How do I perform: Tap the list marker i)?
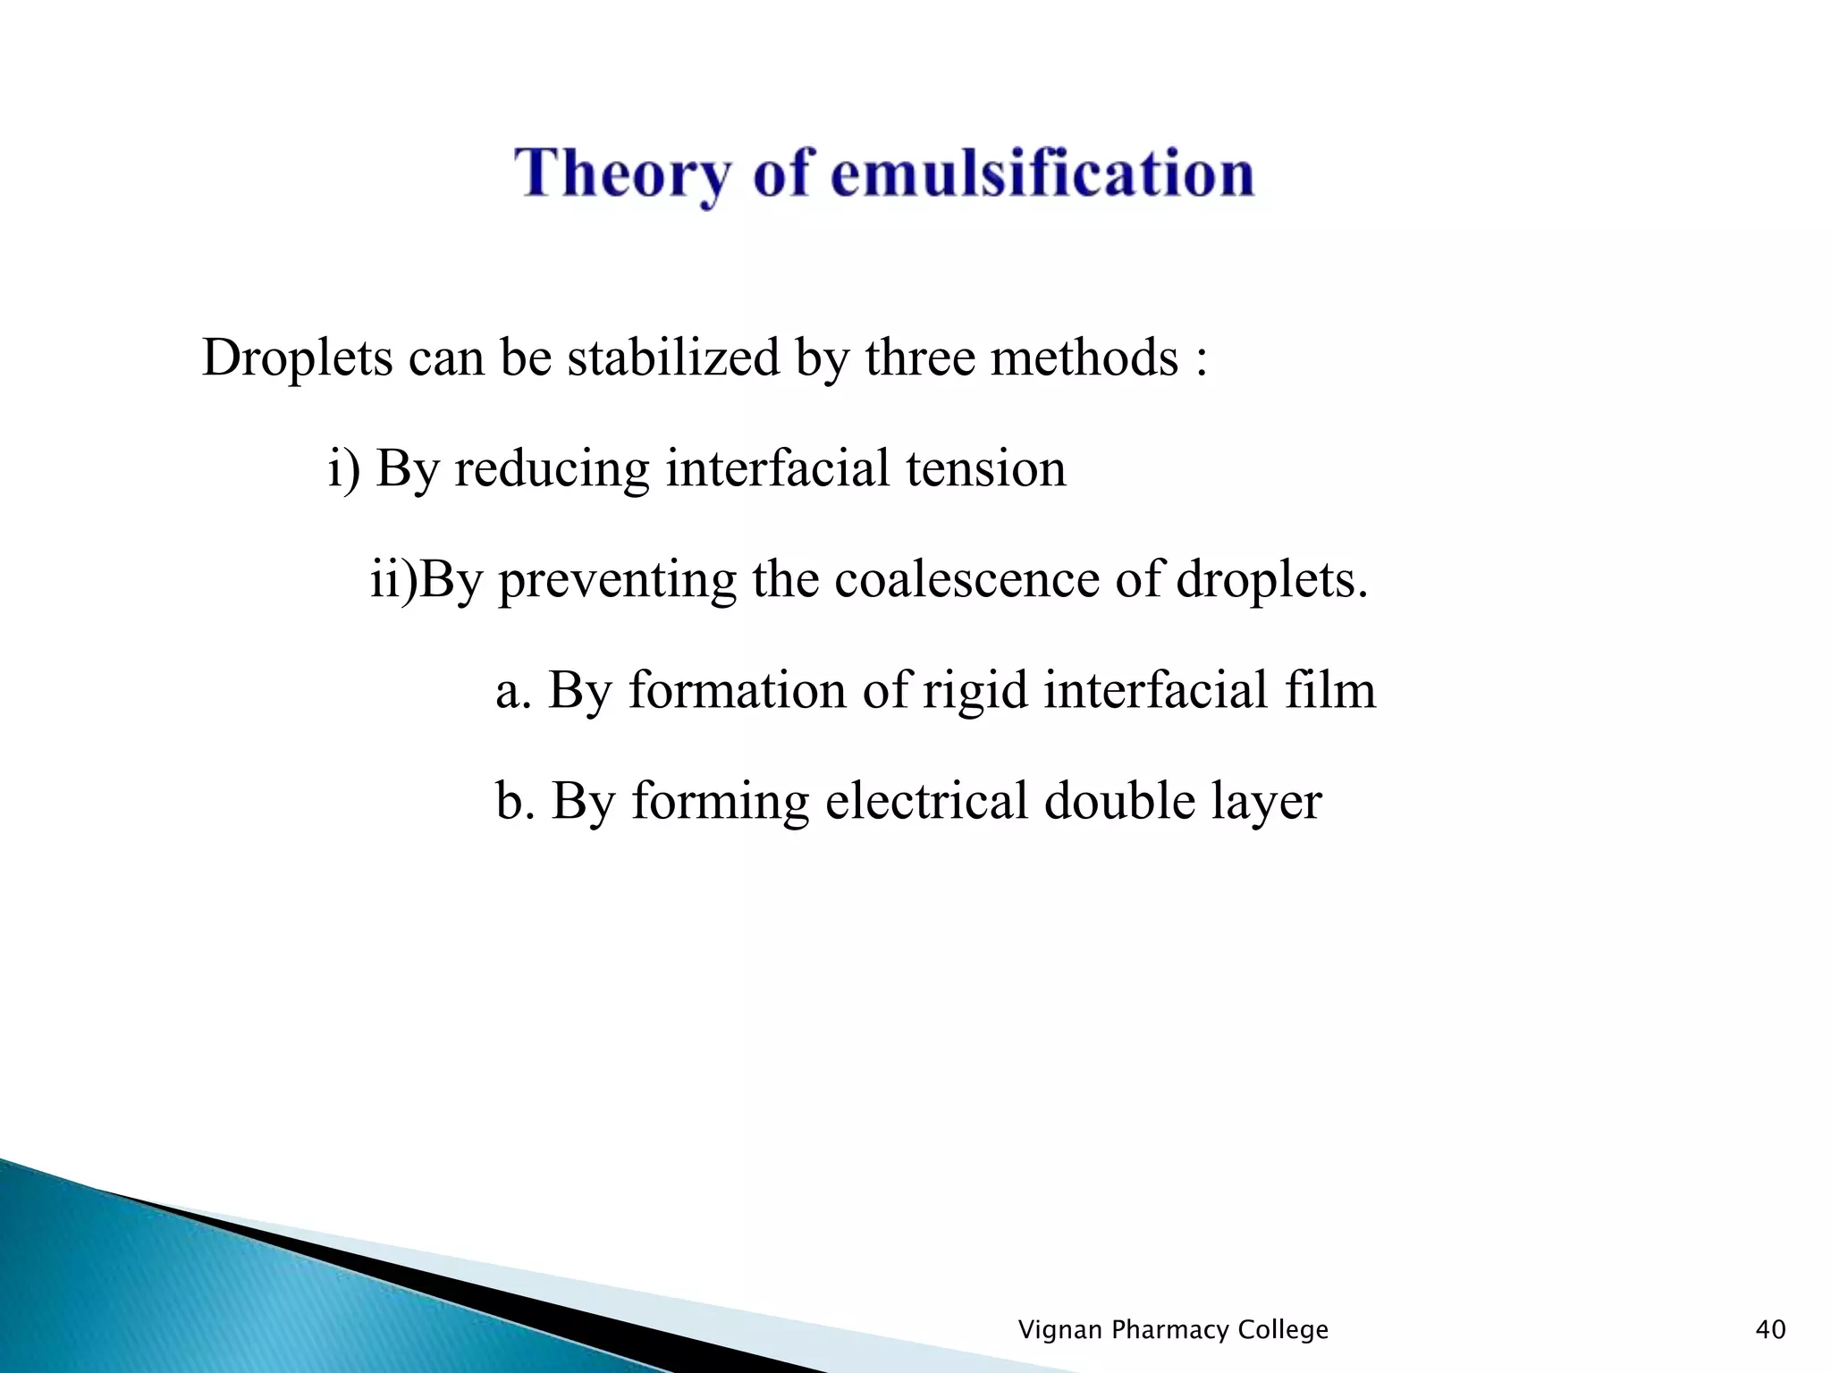coord(344,469)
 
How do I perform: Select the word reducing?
coord(551,469)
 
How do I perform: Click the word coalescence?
coord(966,580)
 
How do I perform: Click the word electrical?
coord(925,801)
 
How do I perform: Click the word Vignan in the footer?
coord(1059,1330)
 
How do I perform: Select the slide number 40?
coord(1770,1330)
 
